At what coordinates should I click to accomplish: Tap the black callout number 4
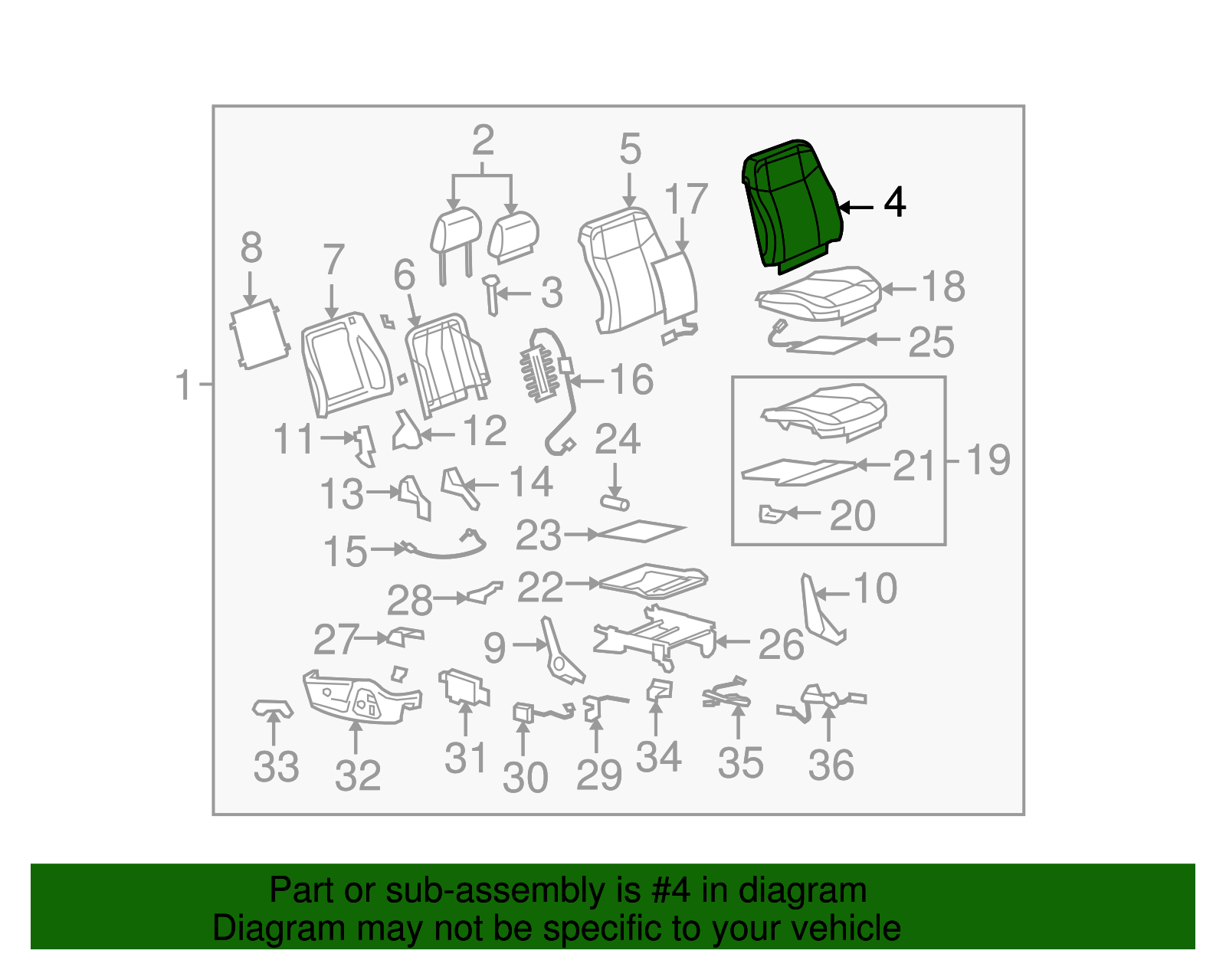tap(895, 202)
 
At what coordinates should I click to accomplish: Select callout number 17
tap(686, 199)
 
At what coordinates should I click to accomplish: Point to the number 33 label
tap(276, 766)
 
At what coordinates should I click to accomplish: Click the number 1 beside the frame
tap(184, 385)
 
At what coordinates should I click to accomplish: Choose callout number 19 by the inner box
tap(988, 459)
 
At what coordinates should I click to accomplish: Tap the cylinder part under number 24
tap(615, 502)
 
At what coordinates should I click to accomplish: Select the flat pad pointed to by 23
tap(641, 530)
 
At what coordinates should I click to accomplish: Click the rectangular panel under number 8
tap(260, 334)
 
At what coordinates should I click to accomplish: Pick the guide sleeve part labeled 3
tap(491, 294)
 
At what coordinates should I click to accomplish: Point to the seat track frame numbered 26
tap(654, 637)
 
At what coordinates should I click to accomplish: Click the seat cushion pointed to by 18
tap(819, 294)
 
